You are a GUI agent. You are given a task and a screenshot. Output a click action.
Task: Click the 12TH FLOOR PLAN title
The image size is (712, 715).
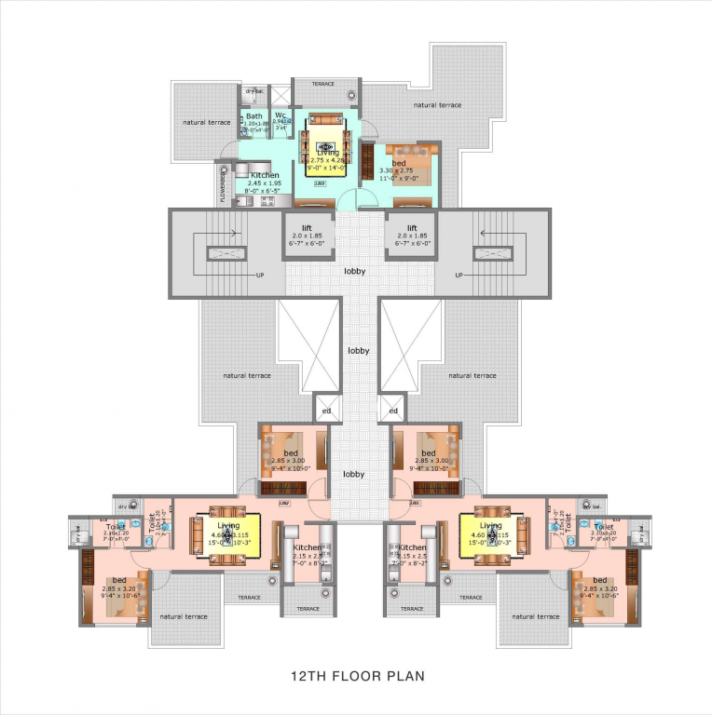[x=356, y=675]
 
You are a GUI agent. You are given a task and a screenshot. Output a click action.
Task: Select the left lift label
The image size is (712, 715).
[x=306, y=227]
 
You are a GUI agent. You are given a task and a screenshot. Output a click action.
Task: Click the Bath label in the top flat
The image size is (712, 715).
[x=253, y=116]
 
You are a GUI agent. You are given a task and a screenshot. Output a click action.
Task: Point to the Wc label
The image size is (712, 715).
[x=280, y=115]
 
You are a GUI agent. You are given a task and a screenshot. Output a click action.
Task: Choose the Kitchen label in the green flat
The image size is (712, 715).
[x=265, y=175]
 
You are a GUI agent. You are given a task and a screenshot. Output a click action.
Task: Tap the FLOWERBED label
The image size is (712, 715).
[x=223, y=184]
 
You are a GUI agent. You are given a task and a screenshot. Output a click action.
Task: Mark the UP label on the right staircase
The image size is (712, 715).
[x=459, y=276]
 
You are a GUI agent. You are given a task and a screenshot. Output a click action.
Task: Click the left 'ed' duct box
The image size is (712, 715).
[x=326, y=410]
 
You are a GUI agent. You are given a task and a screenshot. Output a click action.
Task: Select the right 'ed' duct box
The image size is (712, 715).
[x=393, y=410]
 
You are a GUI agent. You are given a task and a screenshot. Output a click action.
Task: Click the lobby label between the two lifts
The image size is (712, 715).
[x=354, y=272]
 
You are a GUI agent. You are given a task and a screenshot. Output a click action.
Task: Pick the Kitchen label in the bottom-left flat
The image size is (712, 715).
[x=307, y=548]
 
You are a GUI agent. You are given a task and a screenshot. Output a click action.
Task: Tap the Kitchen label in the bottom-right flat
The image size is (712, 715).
[x=412, y=548]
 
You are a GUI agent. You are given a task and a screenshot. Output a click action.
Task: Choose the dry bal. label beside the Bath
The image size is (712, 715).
[x=253, y=92]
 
